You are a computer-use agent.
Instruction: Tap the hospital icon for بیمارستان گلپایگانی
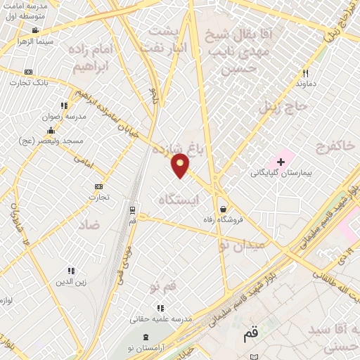coord(281,162)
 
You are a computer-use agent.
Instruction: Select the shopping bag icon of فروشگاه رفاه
coord(223,209)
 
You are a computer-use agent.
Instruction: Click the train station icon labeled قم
coord(132,210)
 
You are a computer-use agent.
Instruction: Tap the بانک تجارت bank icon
coord(28,72)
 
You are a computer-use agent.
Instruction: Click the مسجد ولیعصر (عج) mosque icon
coord(50,130)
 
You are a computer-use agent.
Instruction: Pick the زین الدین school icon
coord(70,271)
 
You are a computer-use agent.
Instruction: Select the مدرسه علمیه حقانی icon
coord(160,307)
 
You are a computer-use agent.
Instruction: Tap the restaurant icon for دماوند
coord(305,72)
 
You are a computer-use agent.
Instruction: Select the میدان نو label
coord(240,245)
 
